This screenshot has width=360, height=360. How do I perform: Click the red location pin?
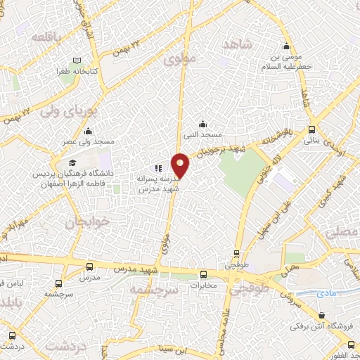(x=181, y=164)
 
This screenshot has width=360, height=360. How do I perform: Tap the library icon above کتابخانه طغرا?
(x=76, y=60)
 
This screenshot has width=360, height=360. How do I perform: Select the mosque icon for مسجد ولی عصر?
(x=88, y=131)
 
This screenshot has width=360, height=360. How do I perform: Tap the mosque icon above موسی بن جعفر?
(x=285, y=41)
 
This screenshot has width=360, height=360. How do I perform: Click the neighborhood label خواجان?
(x=89, y=223)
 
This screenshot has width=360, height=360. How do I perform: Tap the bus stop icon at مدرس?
(x=89, y=266)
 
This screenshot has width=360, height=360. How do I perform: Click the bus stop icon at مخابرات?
(x=203, y=274)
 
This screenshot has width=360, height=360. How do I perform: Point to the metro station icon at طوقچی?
(x=236, y=255)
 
